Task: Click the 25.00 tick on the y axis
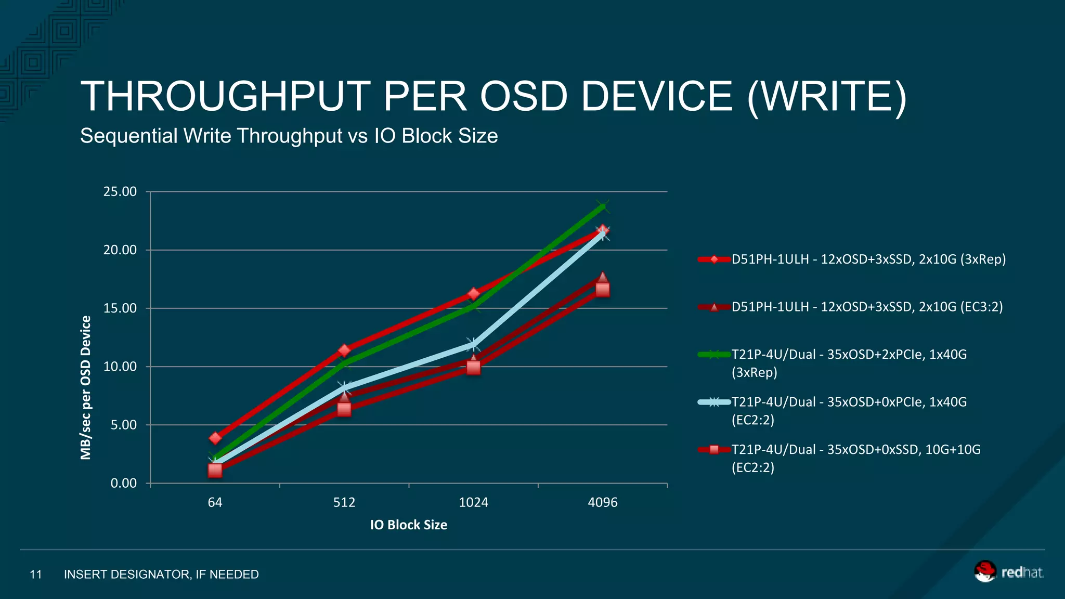point(120,192)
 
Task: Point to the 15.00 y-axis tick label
point(120,308)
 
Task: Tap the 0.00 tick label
point(123,484)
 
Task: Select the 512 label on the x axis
point(344,502)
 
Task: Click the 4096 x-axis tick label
point(602,502)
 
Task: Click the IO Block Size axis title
point(409,525)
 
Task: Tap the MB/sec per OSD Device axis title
point(86,387)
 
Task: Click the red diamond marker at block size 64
point(215,438)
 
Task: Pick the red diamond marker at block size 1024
point(473,294)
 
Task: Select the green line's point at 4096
point(602,207)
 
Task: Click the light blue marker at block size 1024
point(473,344)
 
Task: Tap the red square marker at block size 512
point(344,409)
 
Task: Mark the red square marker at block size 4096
point(602,290)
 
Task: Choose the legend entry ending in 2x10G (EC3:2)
point(867,307)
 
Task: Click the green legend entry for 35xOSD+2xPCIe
point(849,363)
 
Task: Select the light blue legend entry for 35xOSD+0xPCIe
point(849,410)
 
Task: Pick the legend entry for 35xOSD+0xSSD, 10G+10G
point(855,458)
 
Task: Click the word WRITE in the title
point(827,97)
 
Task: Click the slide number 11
point(35,575)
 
